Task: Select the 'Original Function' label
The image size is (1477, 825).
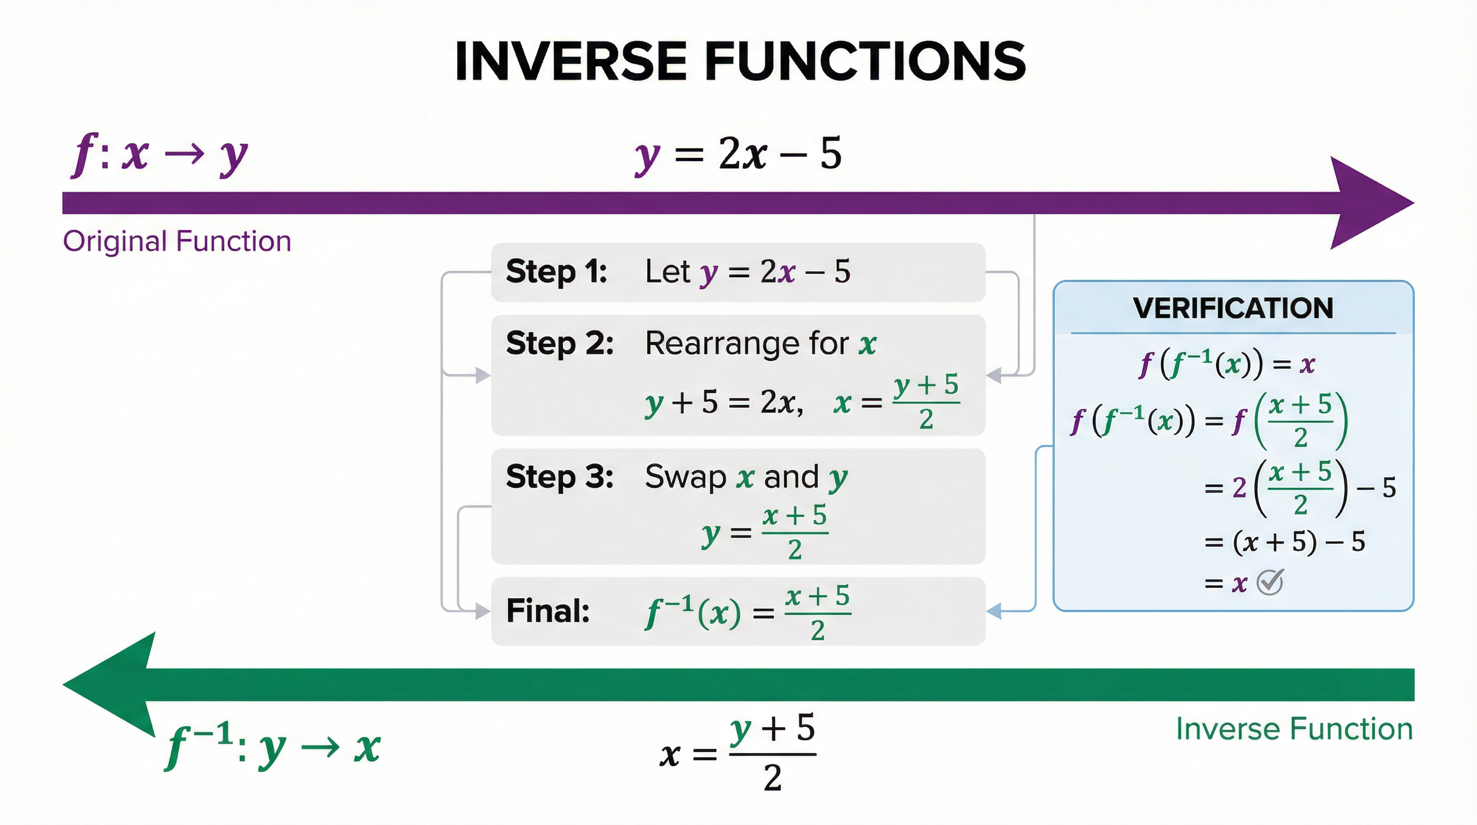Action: [x=177, y=241]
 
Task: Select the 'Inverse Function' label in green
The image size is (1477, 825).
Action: [x=1294, y=729]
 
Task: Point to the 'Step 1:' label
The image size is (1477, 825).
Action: [x=556, y=271]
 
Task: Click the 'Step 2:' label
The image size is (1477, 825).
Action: [x=560, y=344]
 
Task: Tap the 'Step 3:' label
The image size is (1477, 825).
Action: [x=560, y=477]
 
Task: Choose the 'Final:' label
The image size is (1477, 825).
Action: [x=547, y=611]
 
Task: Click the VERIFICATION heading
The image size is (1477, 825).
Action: [x=1233, y=309]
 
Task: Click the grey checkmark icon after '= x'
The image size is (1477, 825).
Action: [x=1269, y=582]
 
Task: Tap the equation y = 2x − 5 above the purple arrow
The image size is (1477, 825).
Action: [x=738, y=154]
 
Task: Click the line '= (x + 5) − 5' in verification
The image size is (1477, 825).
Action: [x=1284, y=541]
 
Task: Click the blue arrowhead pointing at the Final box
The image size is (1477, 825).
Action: [x=994, y=611]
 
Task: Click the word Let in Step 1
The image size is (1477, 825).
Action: [x=667, y=271]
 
